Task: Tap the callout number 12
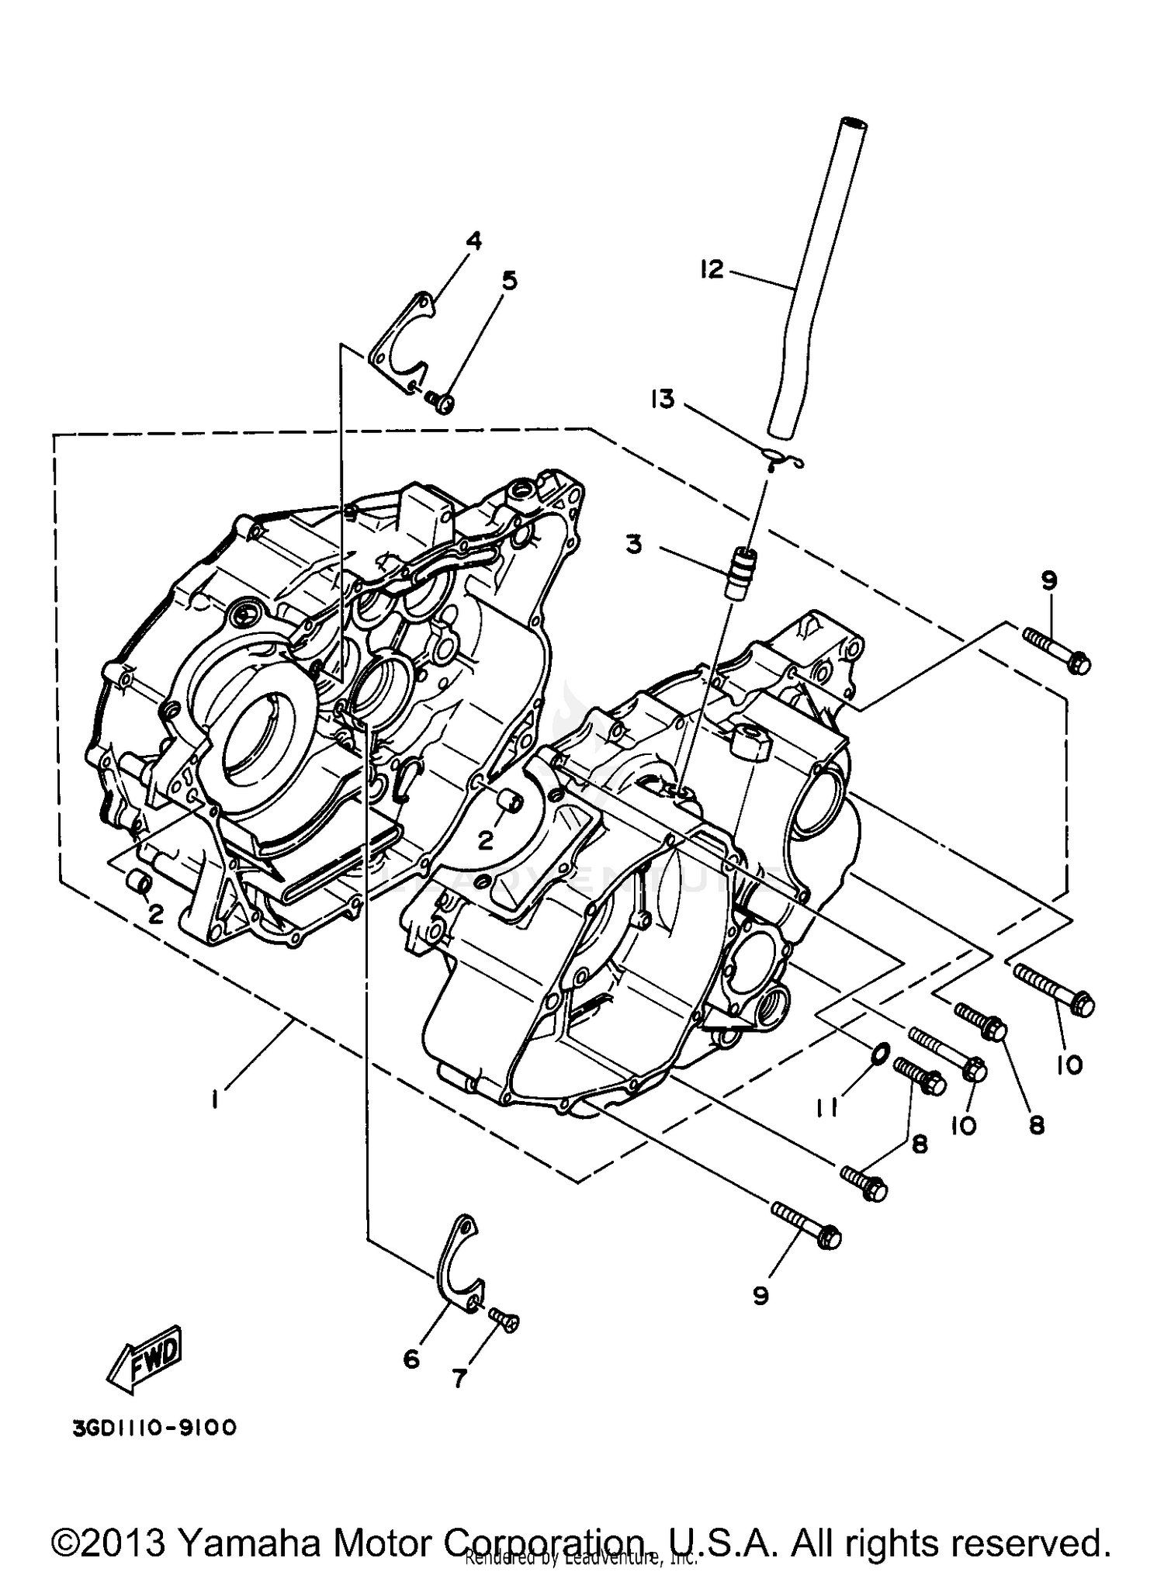coord(711,269)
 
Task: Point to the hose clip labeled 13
coord(781,461)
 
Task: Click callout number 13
coord(663,400)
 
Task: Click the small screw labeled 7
coord(505,1318)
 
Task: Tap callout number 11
coord(827,1110)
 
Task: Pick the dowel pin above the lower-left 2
coord(140,881)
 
